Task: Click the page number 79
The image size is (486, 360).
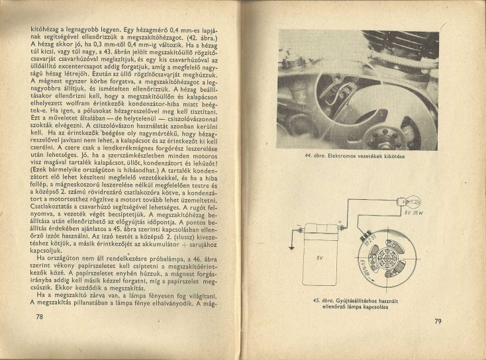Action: [438, 322]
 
